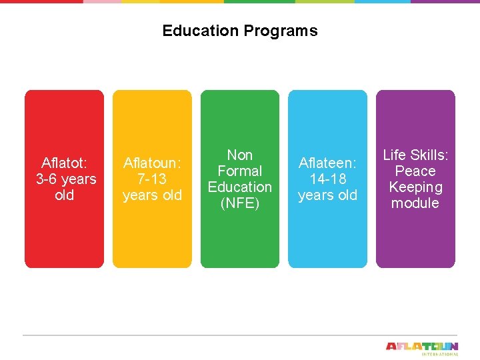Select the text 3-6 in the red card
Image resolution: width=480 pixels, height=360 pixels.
pyautogui.click(x=47, y=179)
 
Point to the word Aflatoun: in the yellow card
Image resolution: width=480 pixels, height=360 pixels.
pyautogui.click(x=152, y=163)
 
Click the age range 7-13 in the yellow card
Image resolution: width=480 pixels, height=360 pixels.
pyautogui.click(x=152, y=179)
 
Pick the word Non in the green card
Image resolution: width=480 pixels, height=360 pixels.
pyautogui.click(x=240, y=155)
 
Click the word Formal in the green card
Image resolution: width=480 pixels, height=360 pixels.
pyautogui.click(x=240, y=171)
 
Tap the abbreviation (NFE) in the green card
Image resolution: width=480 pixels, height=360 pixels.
pyautogui.click(x=240, y=203)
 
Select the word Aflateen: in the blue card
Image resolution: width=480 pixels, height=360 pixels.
pyautogui.click(x=328, y=163)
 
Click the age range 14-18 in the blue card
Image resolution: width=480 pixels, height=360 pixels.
pyautogui.click(x=328, y=179)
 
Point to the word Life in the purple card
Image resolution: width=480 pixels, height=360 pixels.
pyautogui.click(x=395, y=155)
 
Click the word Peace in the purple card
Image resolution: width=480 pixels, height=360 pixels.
pyautogui.click(x=415, y=171)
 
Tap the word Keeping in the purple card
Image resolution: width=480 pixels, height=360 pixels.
pyautogui.click(x=415, y=187)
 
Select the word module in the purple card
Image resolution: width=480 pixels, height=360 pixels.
pyautogui.click(x=415, y=203)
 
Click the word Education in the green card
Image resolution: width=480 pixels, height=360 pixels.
pyautogui.click(x=240, y=187)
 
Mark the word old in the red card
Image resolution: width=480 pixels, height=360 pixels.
pyautogui.click(x=64, y=195)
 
